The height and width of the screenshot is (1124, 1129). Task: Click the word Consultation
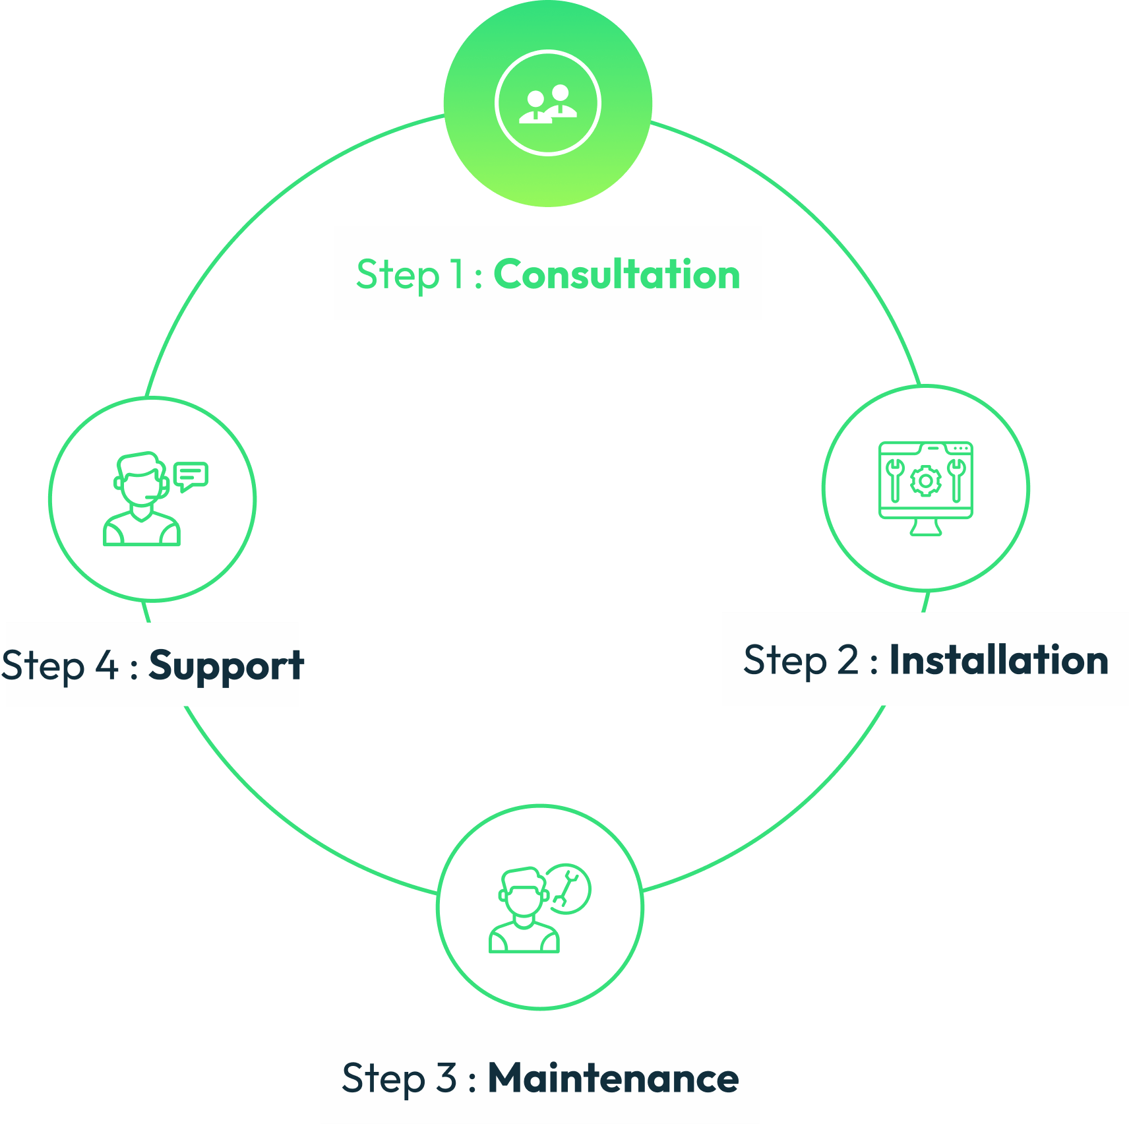(617, 274)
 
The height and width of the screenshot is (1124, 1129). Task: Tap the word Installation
(998, 660)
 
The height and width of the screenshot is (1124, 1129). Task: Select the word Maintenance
(613, 1078)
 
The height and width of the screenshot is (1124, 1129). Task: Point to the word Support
(226, 666)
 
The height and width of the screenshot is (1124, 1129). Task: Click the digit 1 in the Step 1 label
(457, 274)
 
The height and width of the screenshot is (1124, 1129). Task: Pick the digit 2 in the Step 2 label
(848, 660)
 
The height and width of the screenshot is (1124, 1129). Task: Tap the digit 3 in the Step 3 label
(446, 1078)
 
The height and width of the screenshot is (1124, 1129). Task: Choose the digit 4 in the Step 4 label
(107, 666)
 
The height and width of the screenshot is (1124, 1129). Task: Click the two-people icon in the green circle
(548, 104)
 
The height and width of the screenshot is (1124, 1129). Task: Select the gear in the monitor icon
(926, 481)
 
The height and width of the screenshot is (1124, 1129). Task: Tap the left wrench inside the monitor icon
(894, 480)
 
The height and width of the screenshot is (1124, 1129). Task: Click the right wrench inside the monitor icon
(957, 480)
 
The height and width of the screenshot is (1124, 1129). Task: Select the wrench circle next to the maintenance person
(568, 889)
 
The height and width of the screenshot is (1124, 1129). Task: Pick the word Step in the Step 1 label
(398, 276)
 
